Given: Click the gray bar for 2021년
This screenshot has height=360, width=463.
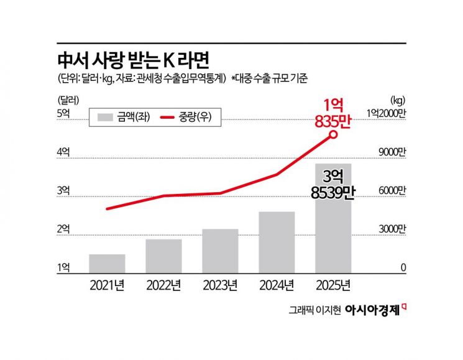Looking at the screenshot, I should (x=107, y=263).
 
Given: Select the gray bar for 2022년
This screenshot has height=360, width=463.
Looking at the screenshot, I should (x=163, y=256).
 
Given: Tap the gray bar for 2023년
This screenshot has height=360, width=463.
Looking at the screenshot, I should (x=220, y=251).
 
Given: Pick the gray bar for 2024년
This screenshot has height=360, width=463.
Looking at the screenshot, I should (x=277, y=242).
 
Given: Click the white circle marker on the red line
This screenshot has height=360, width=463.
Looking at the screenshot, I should (x=334, y=134).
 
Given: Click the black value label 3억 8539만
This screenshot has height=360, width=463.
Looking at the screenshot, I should (x=333, y=185).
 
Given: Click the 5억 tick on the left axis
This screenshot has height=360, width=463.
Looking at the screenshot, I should (x=63, y=113).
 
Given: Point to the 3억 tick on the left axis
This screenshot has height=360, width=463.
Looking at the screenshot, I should (x=63, y=190).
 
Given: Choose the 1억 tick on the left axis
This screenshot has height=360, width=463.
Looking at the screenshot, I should (x=63, y=267).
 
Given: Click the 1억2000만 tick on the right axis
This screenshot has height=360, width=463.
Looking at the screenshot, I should (x=385, y=113).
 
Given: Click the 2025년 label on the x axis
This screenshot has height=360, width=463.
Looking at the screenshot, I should (x=333, y=286).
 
